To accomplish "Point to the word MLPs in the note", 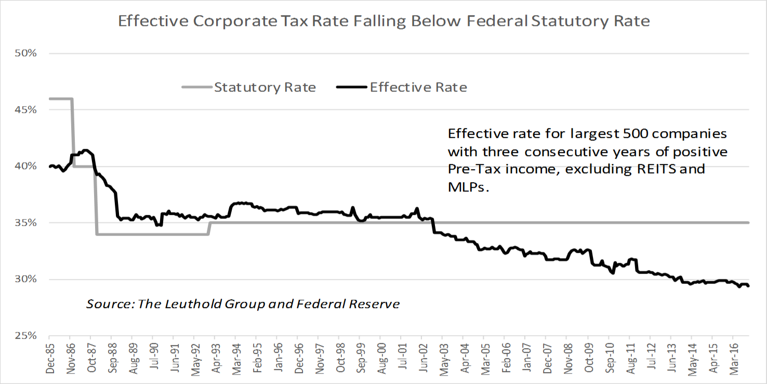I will click(468, 187).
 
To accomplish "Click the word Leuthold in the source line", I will click(189, 304).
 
